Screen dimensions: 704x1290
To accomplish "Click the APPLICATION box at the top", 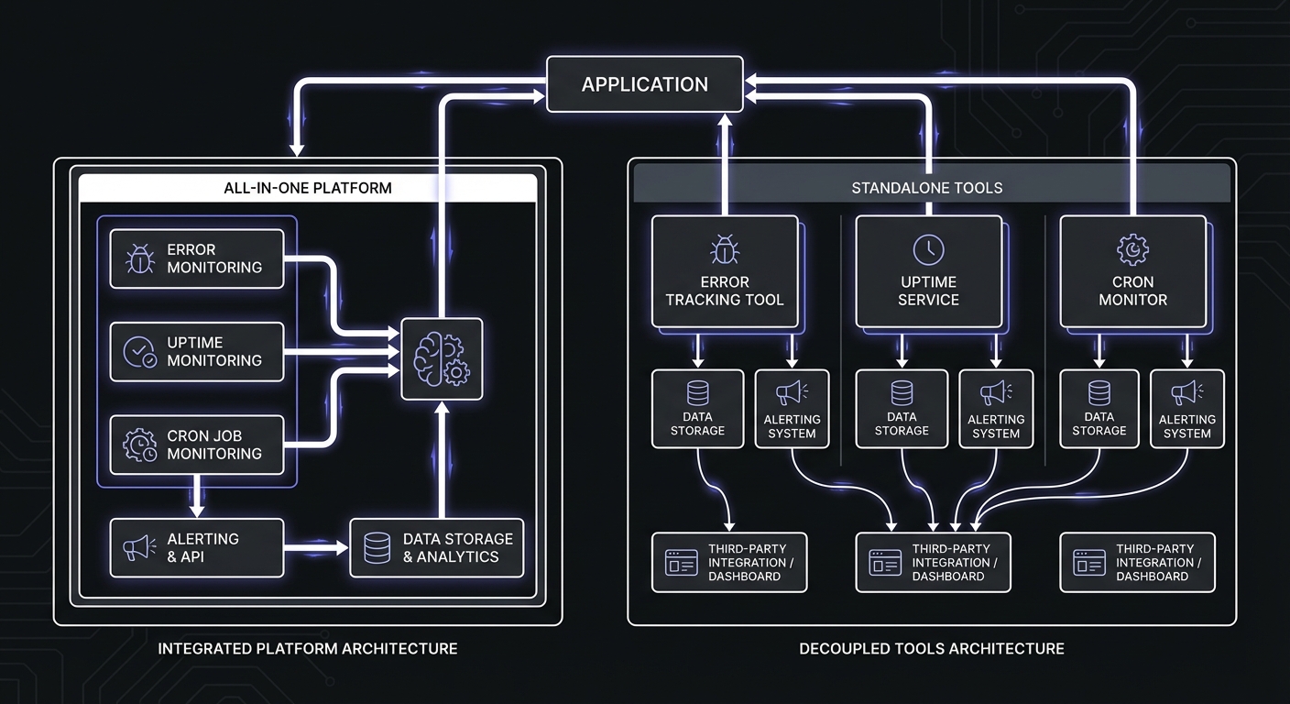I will click(x=644, y=84).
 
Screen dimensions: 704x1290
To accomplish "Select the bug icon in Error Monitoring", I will click(x=139, y=258).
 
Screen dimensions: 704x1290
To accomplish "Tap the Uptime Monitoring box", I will click(x=197, y=352).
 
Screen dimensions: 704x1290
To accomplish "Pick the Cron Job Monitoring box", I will click(x=197, y=445).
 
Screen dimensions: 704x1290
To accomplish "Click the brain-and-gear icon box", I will click(x=442, y=358).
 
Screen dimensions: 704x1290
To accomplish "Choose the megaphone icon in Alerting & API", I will click(x=139, y=548).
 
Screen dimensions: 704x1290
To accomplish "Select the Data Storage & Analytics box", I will click(x=436, y=548).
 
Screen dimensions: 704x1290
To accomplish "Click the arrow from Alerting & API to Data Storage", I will click(x=316, y=548).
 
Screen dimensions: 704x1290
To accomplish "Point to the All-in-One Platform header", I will click(x=307, y=188).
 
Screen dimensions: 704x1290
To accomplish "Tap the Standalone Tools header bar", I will click(x=932, y=187).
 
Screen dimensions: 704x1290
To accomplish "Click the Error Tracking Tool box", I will click(x=724, y=271).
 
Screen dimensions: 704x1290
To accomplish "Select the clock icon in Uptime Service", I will click(x=928, y=248).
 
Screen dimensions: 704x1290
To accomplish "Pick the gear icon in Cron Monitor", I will click(x=1132, y=248).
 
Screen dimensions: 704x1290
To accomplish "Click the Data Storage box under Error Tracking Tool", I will click(x=697, y=409).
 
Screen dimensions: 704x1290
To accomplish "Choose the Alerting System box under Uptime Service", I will click(x=996, y=409).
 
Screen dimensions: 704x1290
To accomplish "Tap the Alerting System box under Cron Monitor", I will click(x=1186, y=409).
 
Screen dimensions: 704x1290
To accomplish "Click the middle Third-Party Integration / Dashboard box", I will click(x=933, y=563).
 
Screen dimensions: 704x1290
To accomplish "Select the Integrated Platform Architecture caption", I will click(x=307, y=649).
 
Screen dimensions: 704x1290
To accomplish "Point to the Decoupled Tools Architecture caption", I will click(x=931, y=649).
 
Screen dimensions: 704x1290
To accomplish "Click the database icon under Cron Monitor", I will click(x=1099, y=393).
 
